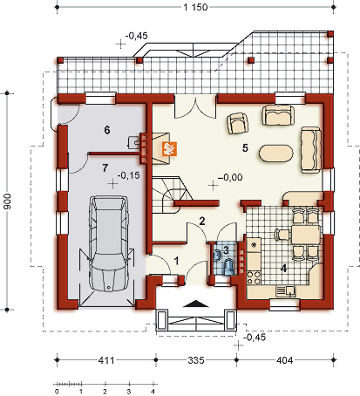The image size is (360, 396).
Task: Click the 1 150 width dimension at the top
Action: (195, 7)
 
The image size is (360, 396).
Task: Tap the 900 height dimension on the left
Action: (7, 201)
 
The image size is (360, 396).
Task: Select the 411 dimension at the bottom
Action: (106, 360)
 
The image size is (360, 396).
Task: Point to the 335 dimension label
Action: (196, 360)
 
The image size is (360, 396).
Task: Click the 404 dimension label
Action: (284, 360)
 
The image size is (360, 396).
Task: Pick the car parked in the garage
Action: (109, 243)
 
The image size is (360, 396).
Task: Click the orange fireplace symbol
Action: (169, 148)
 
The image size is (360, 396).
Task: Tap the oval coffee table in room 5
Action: (275, 153)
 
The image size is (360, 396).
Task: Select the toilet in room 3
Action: (228, 267)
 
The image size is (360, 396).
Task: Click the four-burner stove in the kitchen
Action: (254, 277)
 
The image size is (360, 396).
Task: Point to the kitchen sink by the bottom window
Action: (285, 290)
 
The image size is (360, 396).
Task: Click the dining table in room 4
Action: (306, 235)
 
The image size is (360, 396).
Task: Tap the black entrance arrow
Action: (196, 304)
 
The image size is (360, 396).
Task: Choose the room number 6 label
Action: (107, 130)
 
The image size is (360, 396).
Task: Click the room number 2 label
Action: (202, 221)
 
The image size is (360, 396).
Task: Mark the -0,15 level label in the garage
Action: (128, 175)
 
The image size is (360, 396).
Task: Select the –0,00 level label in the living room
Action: (230, 177)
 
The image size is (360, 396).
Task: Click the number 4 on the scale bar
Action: (153, 392)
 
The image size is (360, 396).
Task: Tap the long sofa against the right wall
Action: (311, 150)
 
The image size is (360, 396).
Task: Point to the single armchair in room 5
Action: (238, 123)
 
